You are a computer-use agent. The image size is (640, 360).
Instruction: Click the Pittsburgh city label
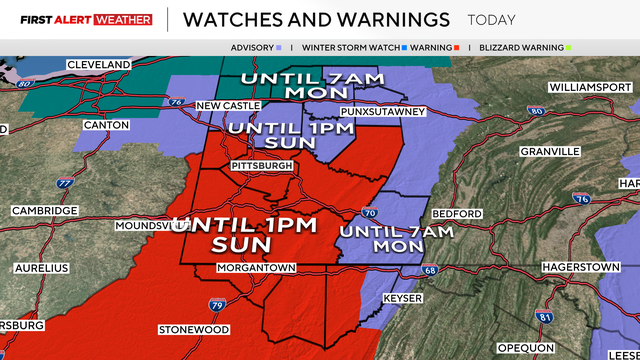[261, 165]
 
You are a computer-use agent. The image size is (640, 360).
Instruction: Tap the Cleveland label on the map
[98, 65]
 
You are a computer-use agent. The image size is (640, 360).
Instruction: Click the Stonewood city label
[194, 329]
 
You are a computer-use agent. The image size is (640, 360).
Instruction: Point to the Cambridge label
[44, 211]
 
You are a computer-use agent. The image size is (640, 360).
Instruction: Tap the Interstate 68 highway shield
[429, 270]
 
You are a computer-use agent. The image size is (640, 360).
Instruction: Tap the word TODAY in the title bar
[491, 20]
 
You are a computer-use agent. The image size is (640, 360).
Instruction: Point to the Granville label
[549, 151]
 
